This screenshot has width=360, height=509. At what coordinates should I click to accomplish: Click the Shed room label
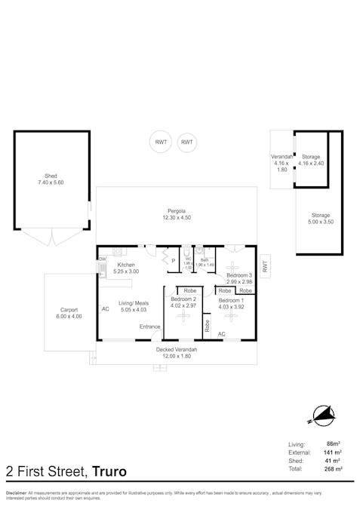(x=51, y=176)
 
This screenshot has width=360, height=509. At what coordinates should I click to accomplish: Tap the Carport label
(x=69, y=309)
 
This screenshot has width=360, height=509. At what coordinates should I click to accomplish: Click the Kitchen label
(x=125, y=265)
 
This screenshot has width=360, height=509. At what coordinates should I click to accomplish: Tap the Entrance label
(x=149, y=327)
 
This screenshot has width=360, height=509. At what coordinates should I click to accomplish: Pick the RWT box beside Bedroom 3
(x=264, y=266)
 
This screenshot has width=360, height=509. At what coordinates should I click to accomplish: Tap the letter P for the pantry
(x=173, y=262)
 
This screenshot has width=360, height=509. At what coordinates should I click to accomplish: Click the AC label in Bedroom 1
(x=222, y=334)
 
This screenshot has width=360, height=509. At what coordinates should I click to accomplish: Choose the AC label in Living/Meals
(x=105, y=309)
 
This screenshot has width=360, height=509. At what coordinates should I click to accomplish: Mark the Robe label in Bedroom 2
(x=189, y=290)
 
